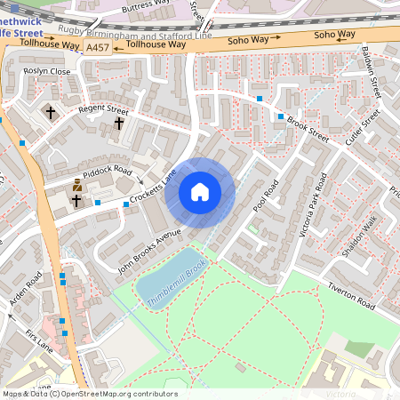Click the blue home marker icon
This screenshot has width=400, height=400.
click(x=200, y=191)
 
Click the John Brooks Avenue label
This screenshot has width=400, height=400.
click(x=149, y=251)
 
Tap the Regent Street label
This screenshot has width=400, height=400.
click(x=104, y=112)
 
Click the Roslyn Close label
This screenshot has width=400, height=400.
click(x=47, y=71)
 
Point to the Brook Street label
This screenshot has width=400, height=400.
click(x=308, y=129)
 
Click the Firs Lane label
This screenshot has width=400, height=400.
click(x=39, y=340)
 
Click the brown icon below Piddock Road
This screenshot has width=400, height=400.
click(x=77, y=185)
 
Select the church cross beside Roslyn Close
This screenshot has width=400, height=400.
click(x=50, y=112)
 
